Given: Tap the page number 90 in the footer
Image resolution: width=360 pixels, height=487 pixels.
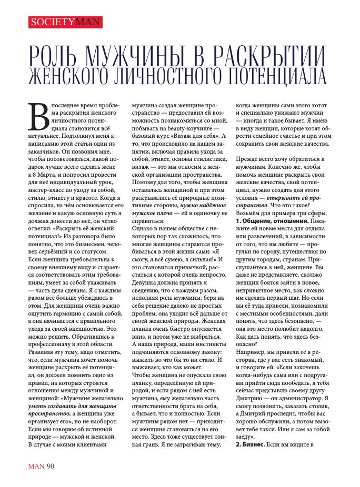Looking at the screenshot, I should pyautogui.click(x=50, y=465).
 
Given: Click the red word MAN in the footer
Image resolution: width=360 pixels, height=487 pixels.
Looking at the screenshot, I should pyautogui.click(x=35, y=465).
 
